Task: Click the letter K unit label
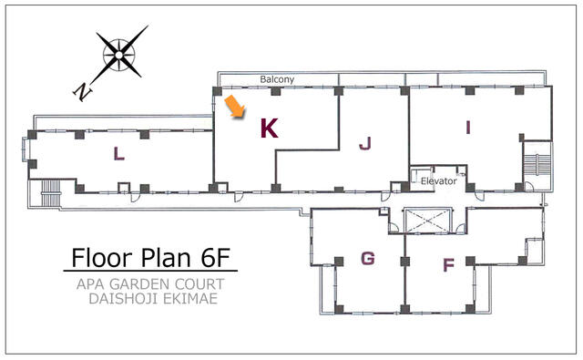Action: point(270,129)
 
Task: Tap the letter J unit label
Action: point(365,143)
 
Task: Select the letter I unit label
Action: point(468,128)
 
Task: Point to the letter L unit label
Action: point(119,154)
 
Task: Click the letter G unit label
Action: point(368,258)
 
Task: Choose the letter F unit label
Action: point(449,265)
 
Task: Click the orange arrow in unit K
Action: point(235,107)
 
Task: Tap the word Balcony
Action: point(277,79)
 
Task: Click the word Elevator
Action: point(439,181)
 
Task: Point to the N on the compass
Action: point(83,91)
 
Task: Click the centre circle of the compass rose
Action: point(118,56)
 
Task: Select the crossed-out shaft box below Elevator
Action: point(427,221)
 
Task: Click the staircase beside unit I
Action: point(537,165)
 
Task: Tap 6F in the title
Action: point(216,257)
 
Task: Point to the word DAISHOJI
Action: point(124,299)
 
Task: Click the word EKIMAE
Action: point(190,299)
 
